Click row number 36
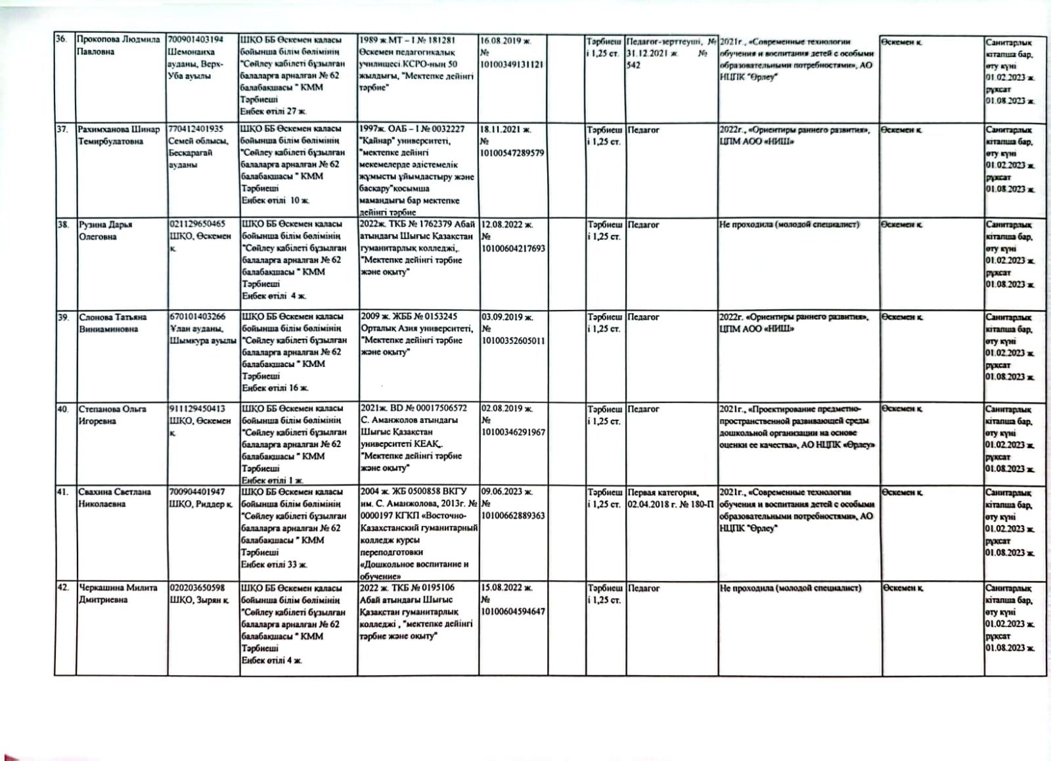[61, 39]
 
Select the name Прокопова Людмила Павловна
[118, 45]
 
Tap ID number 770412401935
[196, 129]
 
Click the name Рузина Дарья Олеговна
[106, 230]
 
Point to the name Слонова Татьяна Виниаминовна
[112, 323]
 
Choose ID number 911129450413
[197, 408]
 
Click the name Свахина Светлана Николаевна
[114, 498]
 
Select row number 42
[64, 588]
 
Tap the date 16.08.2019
[505, 41]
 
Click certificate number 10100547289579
[512, 153]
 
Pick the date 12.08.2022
[506, 225]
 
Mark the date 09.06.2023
[507, 492]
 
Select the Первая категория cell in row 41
[670, 498]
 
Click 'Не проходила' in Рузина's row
[789, 225]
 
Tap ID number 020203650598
[197, 588]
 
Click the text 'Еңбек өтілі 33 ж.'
[274, 564]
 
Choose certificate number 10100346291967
[512, 432]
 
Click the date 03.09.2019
[506, 317]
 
